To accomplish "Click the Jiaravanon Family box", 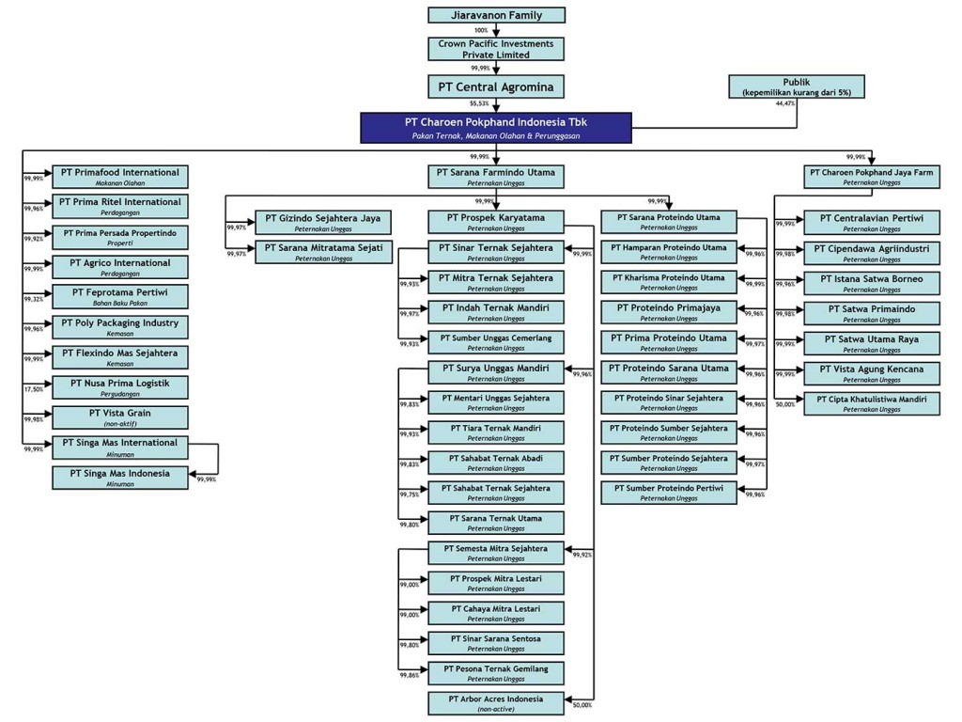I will click(497, 15).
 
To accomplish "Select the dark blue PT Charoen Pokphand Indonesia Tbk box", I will click(495, 128).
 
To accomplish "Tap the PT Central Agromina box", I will click(497, 87).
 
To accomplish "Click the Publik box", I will click(796, 87).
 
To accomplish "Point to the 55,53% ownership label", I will click(480, 104).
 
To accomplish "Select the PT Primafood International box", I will click(119, 177).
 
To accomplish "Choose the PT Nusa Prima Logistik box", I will click(119, 387).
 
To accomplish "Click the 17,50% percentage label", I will click(33, 389).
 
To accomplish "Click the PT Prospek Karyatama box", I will click(497, 222).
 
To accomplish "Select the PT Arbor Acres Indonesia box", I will click(497, 703).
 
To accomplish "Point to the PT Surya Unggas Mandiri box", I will click(497, 372).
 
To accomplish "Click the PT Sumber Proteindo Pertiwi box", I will click(669, 493).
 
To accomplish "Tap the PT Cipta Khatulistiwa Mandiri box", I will click(871, 402).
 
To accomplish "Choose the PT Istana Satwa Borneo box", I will click(871, 282).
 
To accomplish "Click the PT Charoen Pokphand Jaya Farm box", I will click(871, 177).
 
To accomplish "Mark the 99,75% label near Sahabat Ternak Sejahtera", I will click(409, 494).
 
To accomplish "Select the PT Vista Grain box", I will click(119, 417).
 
